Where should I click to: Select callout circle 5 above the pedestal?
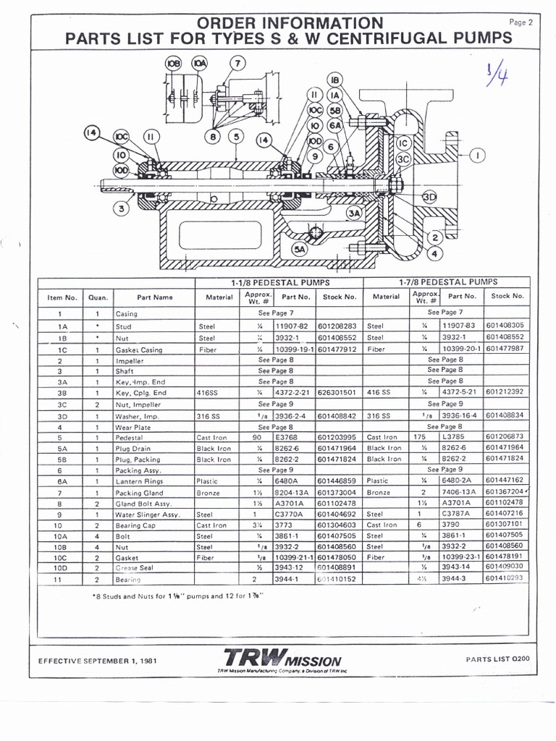point(235,136)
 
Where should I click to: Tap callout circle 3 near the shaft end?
point(122,209)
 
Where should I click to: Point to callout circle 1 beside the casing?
point(478,154)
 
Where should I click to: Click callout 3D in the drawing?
point(429,197)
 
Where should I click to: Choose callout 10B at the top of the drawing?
point(174,63)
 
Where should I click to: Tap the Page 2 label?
point(521,22)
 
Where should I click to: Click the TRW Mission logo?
point(282,659)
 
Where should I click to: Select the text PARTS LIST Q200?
point(498,659)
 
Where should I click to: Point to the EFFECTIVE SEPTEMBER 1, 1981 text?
point(97,661)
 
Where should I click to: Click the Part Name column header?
point(154,297)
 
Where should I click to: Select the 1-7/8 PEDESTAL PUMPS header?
point(447,282)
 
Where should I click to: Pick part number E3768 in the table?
point(286,437)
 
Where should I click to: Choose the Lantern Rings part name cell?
point(140,480)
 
